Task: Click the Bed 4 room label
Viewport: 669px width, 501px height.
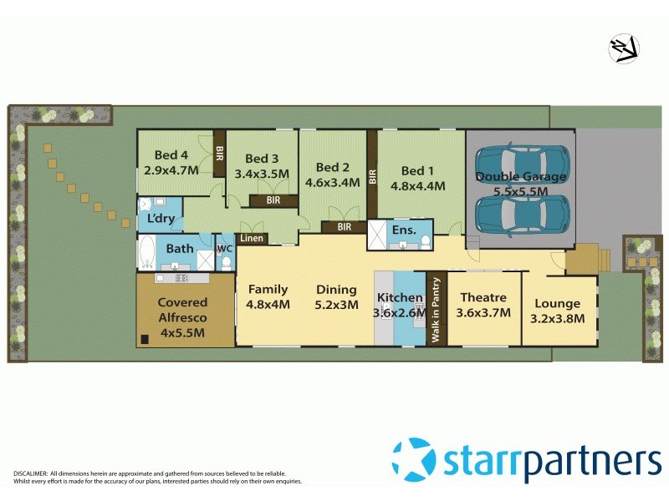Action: tap(171, 154)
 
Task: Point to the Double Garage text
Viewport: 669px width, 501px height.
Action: tap(521, 176)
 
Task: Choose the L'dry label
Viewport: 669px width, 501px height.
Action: tap(160, 219)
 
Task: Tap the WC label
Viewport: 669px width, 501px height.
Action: tap(223, 249)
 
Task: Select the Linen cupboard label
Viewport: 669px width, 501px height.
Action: tap(252, 239)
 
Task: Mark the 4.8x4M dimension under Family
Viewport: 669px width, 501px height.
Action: tap(268, 305)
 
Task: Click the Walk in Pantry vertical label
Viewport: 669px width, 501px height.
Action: tap(436, 309)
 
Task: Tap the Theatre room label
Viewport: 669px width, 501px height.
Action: tap(483, 297)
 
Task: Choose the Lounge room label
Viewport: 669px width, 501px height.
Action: tap(558, 304)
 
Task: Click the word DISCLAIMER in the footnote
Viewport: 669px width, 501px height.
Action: tap(30, 473)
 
